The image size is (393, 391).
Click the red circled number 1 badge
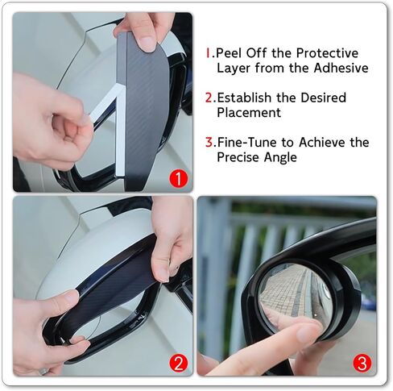point(177,177)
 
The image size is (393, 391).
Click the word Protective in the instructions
point(325,53)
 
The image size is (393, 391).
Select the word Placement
point(249,113)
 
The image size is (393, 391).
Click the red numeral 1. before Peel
point(209,53)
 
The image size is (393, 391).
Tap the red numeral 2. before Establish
point(209,98)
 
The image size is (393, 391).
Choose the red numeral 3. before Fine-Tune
point(209,142)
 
